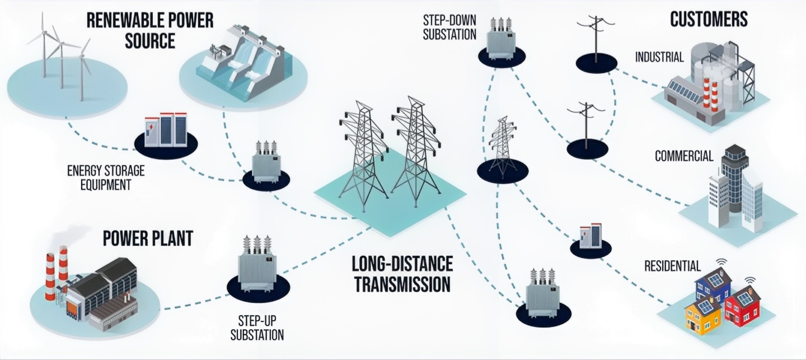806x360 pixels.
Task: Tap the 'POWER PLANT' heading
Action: coord(148,238)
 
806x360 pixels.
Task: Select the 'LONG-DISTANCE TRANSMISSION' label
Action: coord(402,274)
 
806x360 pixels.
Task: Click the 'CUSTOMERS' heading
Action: coord(709,19)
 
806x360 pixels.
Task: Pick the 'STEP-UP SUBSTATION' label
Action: coord(257,328)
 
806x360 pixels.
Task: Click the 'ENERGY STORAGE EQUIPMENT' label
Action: coord(105,177)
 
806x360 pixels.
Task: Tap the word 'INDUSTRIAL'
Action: coord(659,57)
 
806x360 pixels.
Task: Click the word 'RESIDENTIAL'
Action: coord(672,265)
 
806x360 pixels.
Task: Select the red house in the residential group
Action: coord(743,306)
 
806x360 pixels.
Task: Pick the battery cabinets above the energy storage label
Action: coord(165,130)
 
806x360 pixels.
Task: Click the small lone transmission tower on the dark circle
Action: coord(503,148)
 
